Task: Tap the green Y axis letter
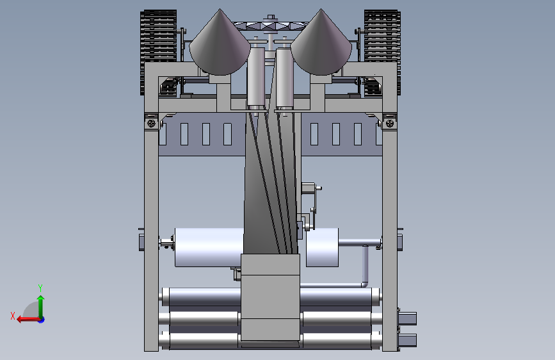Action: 40,288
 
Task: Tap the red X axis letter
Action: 13,316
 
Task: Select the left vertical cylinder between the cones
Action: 256,78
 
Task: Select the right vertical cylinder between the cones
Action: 284,78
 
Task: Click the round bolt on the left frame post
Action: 151,123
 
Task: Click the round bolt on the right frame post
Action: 390,123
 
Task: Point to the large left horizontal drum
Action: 209,247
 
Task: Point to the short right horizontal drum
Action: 322,247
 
